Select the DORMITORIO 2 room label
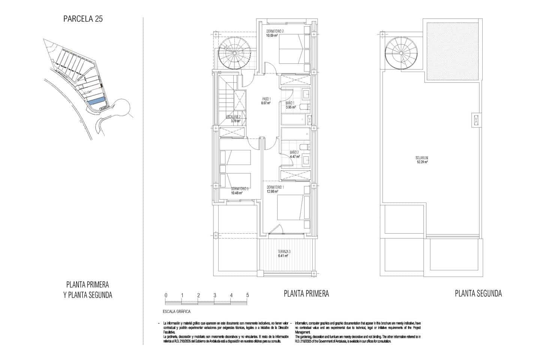tap(275, 31)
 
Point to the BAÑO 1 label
tap(290, 103)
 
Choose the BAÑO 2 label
tap(294, 152)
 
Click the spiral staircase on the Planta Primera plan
tap(235, 54)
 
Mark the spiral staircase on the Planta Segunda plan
tap(400, 53)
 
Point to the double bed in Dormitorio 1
tap(291, 207)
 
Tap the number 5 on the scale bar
tap(247, 295)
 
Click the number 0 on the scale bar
tap(165, 295)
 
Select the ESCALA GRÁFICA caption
tap(177, 312)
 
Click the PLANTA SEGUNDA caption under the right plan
tap(478, 293)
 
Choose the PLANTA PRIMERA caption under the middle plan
tap(306, 293)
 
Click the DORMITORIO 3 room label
tap(240, 189)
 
